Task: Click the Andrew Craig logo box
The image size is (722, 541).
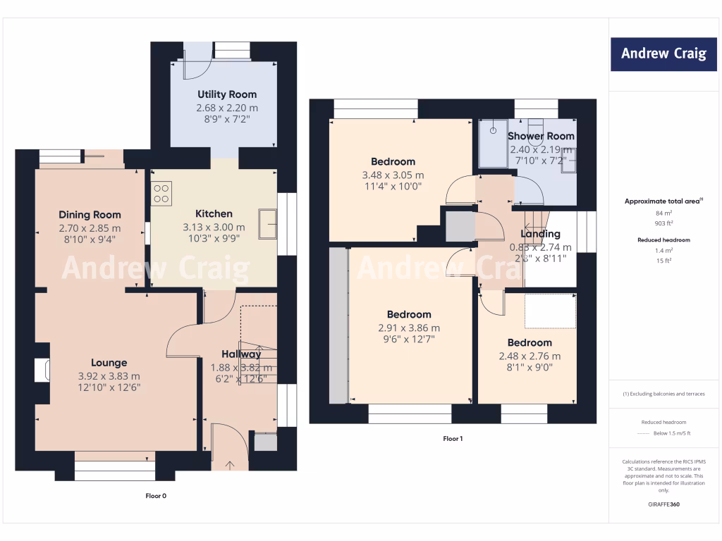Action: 663,54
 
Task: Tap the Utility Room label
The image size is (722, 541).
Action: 227,94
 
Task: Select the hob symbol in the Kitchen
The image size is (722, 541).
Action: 161,193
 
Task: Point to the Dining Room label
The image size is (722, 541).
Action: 90,215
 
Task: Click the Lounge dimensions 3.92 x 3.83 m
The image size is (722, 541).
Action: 109,376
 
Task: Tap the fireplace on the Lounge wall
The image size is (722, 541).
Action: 41,371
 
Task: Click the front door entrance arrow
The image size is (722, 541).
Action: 230,464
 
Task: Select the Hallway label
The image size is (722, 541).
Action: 242,354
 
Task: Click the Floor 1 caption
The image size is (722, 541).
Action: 453,439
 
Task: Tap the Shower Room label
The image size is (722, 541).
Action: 541,136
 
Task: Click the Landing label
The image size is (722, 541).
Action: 540,234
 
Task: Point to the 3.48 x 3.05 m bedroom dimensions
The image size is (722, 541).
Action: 393,175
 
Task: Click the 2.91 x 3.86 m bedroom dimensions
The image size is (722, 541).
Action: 409,328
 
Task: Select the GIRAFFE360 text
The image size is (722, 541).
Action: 663,504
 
